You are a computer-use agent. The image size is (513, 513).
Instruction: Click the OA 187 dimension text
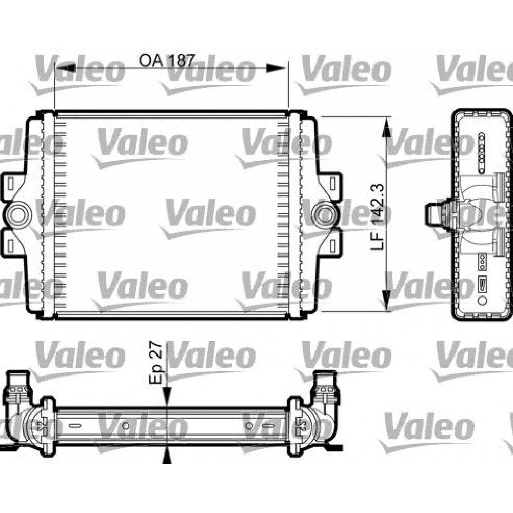click(x=167, y=61)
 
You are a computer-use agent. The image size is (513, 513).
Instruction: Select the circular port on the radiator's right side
click(x=324, y=214)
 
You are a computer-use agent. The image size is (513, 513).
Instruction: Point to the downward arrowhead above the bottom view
click(x=166, y=405)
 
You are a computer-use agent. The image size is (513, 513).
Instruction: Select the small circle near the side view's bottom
click(x=482, y=299)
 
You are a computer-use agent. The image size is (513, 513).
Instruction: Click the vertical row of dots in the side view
click(x=482, y=152)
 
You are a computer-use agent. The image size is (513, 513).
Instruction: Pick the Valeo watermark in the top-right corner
click(x=475, y=72)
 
